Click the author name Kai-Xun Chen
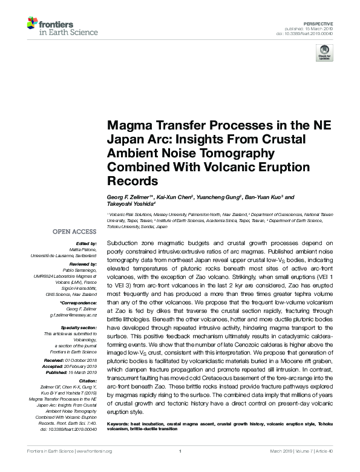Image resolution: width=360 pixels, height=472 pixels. tap(175, 197)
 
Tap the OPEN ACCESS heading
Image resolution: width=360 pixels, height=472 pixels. tap(74, 232)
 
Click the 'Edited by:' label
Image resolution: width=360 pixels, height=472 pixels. tap(87, 243)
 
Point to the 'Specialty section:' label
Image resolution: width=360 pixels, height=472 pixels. tap(79, 327)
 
